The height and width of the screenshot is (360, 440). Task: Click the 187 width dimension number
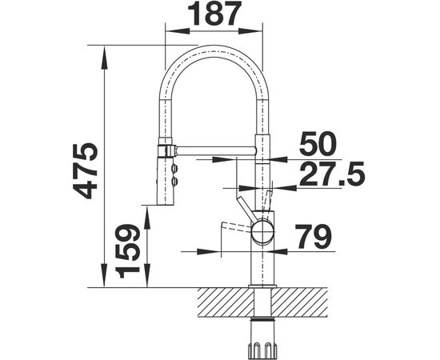[214, 13]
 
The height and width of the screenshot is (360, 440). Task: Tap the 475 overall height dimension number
[85, 171]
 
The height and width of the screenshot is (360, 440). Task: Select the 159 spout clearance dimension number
[127, 251]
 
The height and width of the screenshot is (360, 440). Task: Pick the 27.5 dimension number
[332, 174]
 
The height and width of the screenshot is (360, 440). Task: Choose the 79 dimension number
[314, 236]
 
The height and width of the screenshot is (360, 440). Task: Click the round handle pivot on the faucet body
[262, 230]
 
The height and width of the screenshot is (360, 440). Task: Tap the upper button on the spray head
[175, 169]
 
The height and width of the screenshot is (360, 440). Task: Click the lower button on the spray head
[175, 181]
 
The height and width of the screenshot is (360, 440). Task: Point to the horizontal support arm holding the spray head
[215, 150]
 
